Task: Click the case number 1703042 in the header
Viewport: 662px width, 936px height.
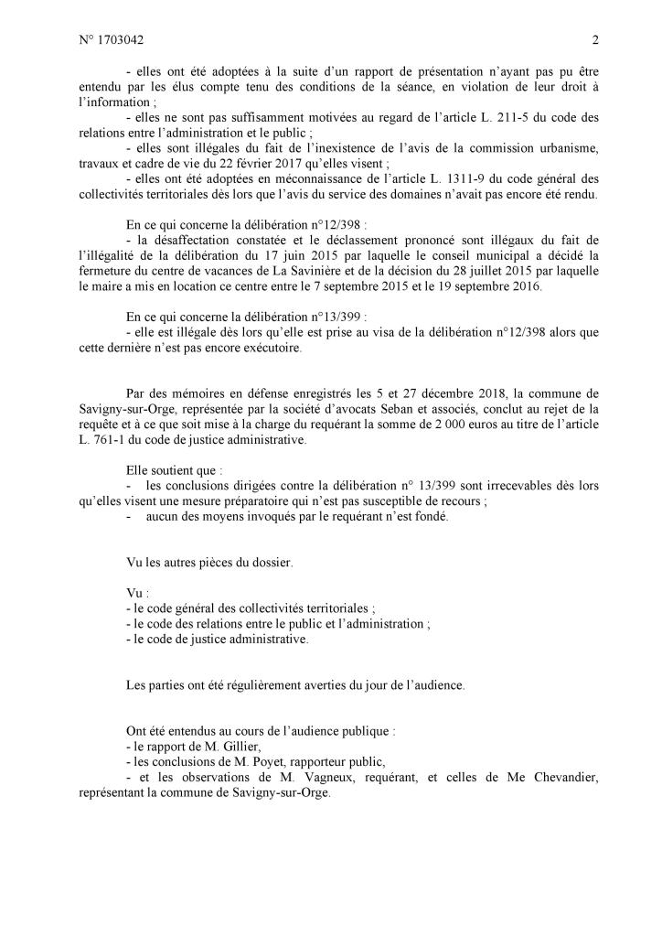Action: tap(123, 39)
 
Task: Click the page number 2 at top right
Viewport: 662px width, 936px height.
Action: tap(595, 39)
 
